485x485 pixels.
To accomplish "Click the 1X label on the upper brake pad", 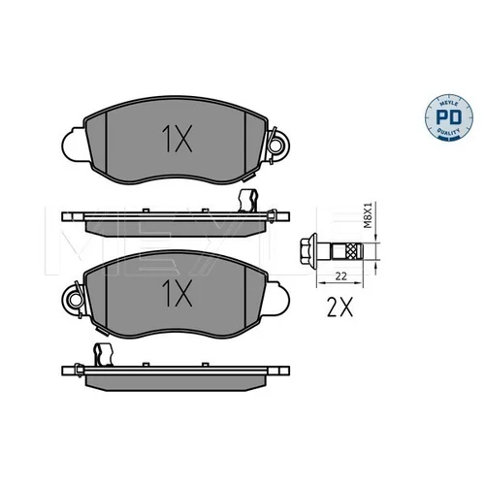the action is click(x=177, y=139).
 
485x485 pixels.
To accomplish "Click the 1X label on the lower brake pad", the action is click(x=177, y=293).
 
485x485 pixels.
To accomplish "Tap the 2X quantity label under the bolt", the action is click(x=339, y=307).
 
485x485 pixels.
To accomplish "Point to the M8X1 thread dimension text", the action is click(x=369, y=215).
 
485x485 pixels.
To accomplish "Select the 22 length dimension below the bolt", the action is click(x=340, y=276).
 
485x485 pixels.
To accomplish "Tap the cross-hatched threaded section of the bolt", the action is click(x=354, y=251).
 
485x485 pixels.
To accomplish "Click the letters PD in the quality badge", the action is click(x=449, y=117).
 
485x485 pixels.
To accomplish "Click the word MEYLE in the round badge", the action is click(x=449, y=103).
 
